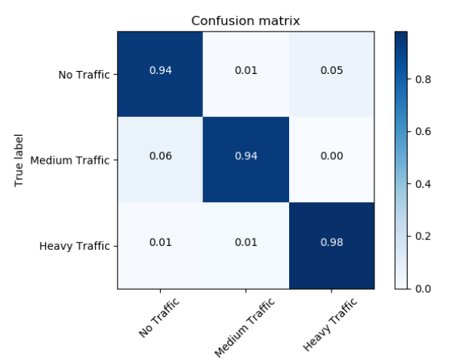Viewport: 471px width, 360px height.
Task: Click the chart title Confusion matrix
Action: coord(245,20)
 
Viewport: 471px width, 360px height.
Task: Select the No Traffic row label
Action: coord(84,75)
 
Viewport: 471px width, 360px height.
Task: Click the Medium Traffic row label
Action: coord(70,160)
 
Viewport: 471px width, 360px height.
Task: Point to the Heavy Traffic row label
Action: coord(76,245)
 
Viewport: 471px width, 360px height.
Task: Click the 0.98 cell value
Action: coord(331,242)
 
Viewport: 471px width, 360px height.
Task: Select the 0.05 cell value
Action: coord(331,71)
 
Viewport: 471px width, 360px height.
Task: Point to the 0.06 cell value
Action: coord(160,156)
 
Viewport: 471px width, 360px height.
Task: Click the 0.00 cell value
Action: coord(331,156)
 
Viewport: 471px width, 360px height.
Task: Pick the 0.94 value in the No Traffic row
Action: coord(160,71)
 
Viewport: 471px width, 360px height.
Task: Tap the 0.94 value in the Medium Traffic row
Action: coord(246,156)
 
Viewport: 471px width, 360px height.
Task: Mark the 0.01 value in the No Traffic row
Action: coord(246,71)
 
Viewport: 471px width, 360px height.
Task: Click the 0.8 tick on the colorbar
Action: coord(423,78)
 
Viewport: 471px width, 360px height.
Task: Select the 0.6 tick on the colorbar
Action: coord(423,131)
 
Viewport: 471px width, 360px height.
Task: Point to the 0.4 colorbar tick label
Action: coord(423,183)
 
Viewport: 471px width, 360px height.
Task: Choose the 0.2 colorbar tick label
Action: coord(423,236)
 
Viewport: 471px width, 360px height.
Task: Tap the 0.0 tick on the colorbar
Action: coord(423,288)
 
